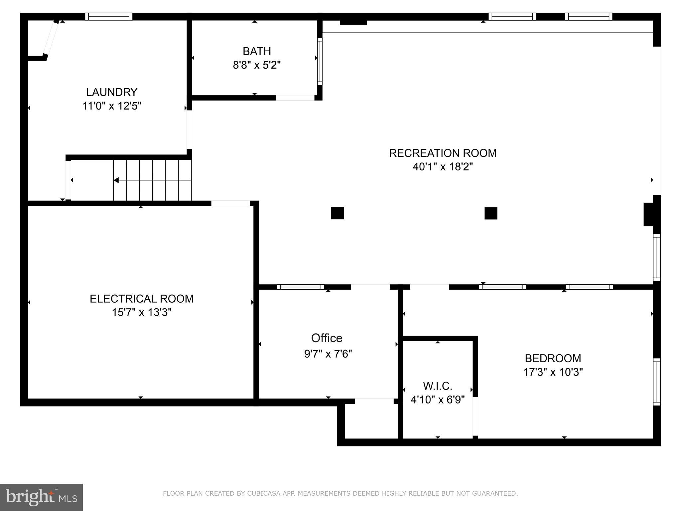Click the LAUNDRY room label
[x=111, y=92]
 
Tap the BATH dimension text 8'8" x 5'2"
[x=257, y=65]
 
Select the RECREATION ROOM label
[x=443, y=153]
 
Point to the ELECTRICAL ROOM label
[x=142, y=299]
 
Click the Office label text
[x=327, y=338]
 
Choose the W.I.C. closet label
[x=437, y=386]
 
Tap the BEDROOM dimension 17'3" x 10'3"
[x=553, y=372]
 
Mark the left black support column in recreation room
[x=337, y=213]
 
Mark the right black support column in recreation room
[x=491, y=213]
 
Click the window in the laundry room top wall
[x=109, y=17]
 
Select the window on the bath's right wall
[x=320, y=61]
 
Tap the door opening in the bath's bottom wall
[x=295, y=98]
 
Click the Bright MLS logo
[x=41, y=497]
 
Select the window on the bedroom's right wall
[x=657, y=382]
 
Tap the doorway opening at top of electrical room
[x=230, y=203]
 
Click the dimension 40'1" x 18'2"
[x=443, y=166]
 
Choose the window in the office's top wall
[x=300, y=287]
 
